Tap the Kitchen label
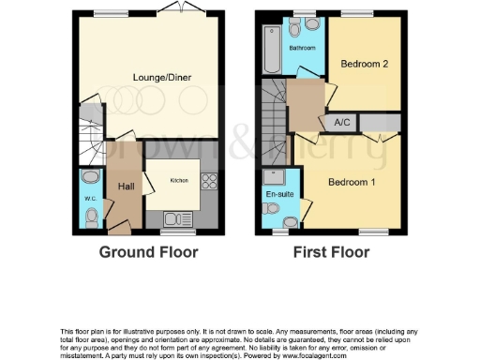[179, 180]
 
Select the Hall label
[125, 187]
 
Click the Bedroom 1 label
[352, 182]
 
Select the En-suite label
[276, 195]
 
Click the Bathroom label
[301, 47]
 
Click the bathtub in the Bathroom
[271, 50]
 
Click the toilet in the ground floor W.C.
[90, 217]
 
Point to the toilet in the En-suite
[292, 220]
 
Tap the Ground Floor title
[144, 252]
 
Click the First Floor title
[330, 252]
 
